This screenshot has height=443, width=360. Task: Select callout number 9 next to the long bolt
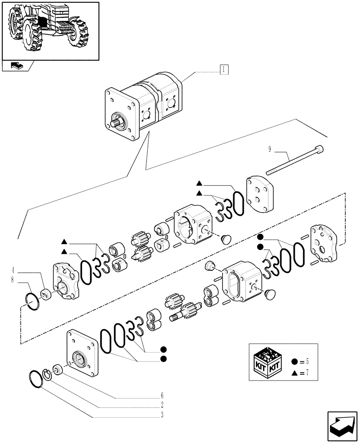pos(269,149)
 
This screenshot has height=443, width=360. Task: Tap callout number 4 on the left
pos(13,269)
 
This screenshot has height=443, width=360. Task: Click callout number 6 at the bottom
pos(162,395)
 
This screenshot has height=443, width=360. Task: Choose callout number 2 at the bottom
pos(162,405)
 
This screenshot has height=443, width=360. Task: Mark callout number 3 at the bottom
pos(162,415)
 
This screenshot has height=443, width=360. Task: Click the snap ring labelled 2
pos(48,374)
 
